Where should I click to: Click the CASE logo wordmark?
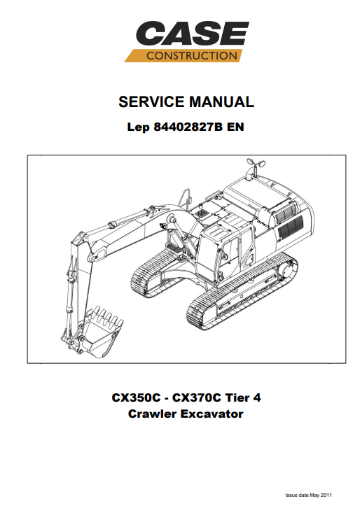tap(192, 33)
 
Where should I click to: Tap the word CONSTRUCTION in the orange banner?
tap(192, 56)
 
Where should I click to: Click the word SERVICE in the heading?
tap(152, 101)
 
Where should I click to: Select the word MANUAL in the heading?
tap(221, 101)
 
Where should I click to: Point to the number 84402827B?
tap(188, 127)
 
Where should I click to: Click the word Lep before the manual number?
tap(139, 127)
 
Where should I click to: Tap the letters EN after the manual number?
tap(235, 127)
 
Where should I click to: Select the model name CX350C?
tap(136, 397)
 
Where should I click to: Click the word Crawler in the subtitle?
tap(152, 414)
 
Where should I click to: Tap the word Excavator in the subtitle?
tap(212, 414)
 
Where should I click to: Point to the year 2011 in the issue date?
tap(326, 495)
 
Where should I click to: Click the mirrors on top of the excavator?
tap(255, 162)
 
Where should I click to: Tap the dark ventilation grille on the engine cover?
tap(291, 227)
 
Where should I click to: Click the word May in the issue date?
tap(314, 495)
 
